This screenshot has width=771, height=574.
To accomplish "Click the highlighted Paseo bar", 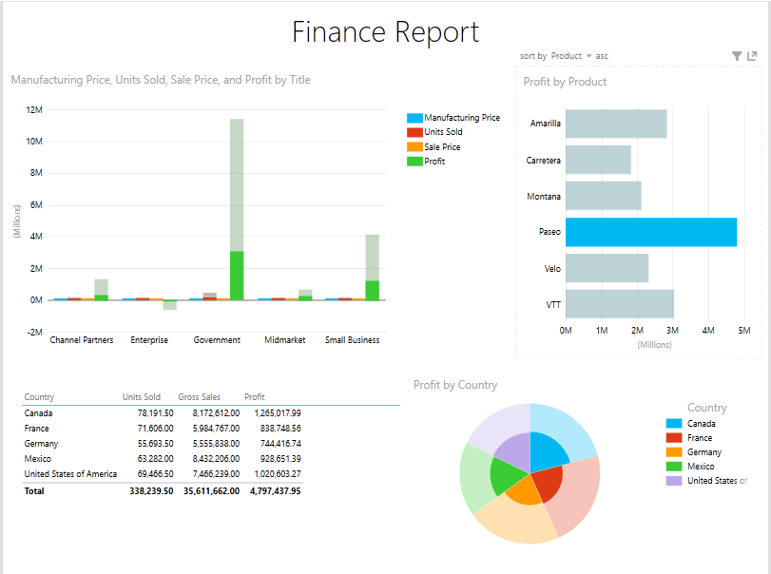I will point(650,232).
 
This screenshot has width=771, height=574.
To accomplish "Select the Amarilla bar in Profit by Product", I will point(615,124).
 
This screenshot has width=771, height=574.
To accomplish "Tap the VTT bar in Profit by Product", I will point(619,304).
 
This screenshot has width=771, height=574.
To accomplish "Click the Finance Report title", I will point(385,32).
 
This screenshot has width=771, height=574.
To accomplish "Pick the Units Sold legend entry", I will point(442,132).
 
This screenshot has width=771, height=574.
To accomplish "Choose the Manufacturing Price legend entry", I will point(461,118).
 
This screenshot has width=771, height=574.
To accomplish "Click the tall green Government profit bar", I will point(237,275).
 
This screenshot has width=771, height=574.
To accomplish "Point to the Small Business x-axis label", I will point(352,340).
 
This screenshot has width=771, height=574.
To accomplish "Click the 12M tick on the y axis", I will point(33,110).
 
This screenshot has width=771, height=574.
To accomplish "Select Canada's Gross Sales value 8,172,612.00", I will point(208,413).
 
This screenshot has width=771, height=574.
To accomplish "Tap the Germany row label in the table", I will point(41,444).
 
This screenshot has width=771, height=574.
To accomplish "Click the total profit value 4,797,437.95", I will point(275,491).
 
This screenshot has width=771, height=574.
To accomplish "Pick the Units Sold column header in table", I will point(141,397).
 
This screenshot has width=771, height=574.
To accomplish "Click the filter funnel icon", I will point(737,57).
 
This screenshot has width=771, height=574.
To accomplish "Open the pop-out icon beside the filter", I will point(752,57).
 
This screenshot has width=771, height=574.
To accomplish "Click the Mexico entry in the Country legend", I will point(702,467).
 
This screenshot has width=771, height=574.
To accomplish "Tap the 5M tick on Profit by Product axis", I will point(743,331).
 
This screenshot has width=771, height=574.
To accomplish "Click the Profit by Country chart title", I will point(455,385).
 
